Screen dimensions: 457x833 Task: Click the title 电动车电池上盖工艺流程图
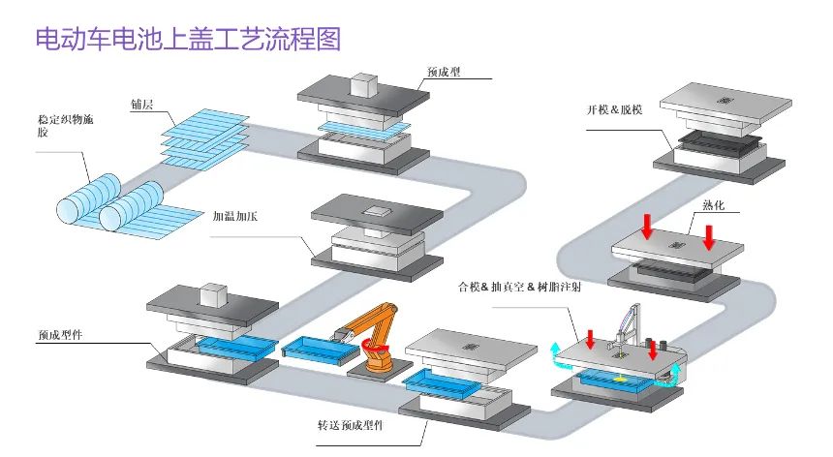(x=188, y=40)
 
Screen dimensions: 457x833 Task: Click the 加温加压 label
(x=234, y=218)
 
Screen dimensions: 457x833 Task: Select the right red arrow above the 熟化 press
(x=709, y=235)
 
